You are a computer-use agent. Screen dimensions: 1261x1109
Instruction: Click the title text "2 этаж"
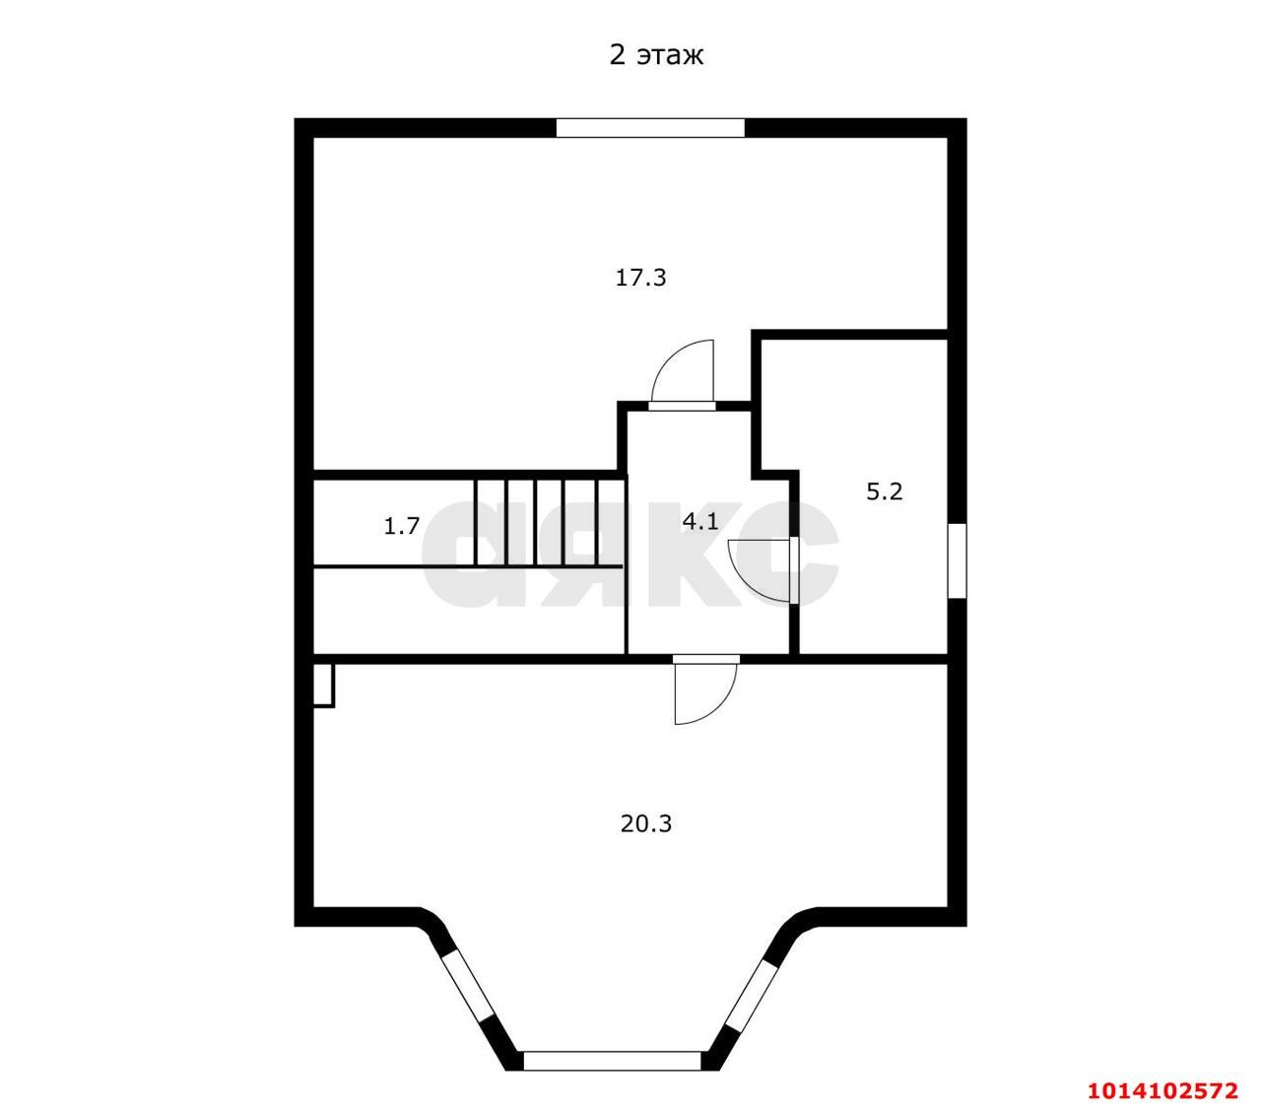click(656, 56)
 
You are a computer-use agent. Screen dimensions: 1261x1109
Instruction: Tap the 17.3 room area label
click(640, 278)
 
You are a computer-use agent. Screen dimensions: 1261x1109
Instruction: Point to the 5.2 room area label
click(884, 491)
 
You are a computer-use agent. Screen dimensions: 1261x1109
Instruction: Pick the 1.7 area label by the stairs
click(402, 527)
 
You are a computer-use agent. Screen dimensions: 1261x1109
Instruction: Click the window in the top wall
click(650, 128)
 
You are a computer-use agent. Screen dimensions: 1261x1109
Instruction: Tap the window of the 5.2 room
click(957, 560)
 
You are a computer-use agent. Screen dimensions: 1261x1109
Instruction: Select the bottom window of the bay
click(613, 1061)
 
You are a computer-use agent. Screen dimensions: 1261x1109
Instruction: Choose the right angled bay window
click(752, 994)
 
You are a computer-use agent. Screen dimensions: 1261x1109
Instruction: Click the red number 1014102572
click(1162, 1090)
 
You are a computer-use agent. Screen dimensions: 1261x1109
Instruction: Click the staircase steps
click(549, 523)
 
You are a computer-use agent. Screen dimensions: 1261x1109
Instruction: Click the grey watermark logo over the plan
click(630, 554)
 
